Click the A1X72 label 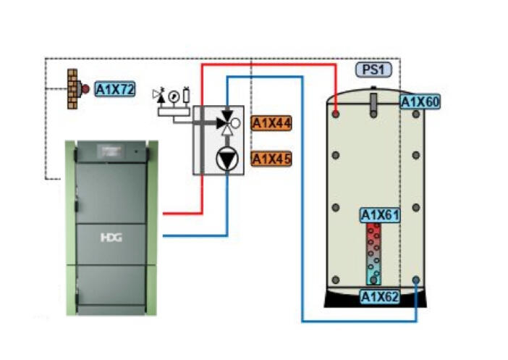tap(114, 89)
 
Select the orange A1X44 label tap(271, 123)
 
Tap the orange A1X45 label tap(271, 159)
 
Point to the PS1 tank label tap(373, 70)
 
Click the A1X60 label tap(420, 102)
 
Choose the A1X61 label tap(380, 215)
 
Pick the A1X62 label tap(380, 296)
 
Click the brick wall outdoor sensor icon tap(72, 89)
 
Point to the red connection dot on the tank tap(337, 113)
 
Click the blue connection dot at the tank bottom tap(416, 280)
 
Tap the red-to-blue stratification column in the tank tap(373, 254)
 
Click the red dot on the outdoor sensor tap(85, 89)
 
